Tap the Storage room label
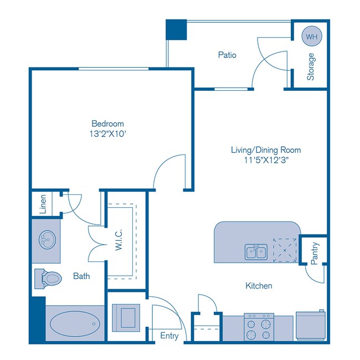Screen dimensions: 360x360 point(311,66)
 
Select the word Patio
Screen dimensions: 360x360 point(227,55)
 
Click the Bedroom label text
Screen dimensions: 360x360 point(107,124)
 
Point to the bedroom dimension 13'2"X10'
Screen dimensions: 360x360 point(107,134)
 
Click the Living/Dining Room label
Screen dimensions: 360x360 point(266,150)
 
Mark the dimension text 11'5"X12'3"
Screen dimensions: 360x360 point(266,161)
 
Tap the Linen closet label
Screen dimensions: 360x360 point(43,204)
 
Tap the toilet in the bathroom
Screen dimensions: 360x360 point(48,278)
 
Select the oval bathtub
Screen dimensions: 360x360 point(75,323)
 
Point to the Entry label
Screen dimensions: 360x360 point(169,336)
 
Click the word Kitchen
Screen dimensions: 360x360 point(259,286)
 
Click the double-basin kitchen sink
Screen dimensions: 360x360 point(256,252)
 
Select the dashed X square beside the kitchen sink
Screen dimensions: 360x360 point(285,249)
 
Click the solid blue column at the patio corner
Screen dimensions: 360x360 point(177,29)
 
